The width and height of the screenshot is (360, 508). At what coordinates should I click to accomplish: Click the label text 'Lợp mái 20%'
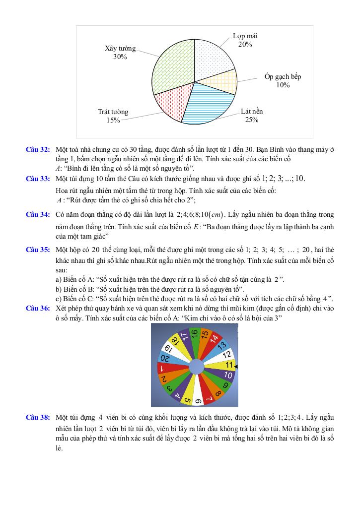[x=245, y=40]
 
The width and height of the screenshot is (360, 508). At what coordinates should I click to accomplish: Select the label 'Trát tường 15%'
[x=113, y=116]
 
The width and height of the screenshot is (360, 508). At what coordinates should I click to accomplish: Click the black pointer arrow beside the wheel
[x=236, y=367]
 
